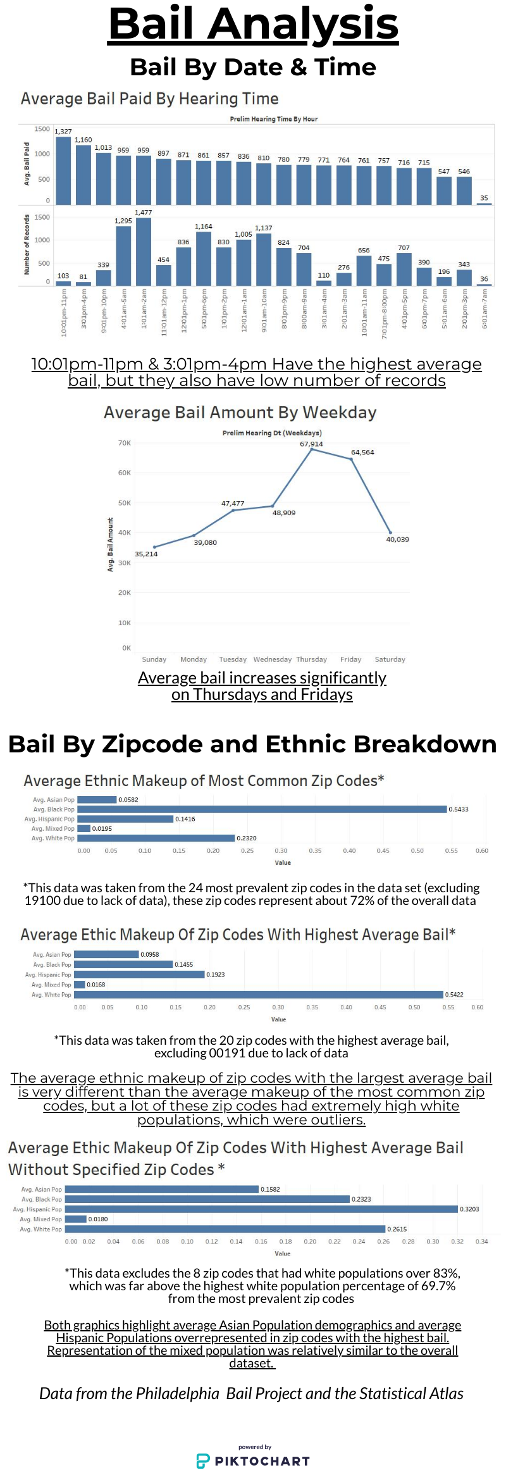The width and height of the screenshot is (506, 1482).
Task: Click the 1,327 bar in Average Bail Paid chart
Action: tap(63, 170)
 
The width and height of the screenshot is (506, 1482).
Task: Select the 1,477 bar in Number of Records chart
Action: tap(144, 251)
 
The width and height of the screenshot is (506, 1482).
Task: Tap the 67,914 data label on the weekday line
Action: tap(311, 444)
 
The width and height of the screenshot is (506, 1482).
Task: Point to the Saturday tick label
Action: tap(390, 659)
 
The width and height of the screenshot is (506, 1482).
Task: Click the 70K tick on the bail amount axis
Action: tap(125, 443)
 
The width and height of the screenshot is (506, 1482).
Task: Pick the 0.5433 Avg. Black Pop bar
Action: tap(262, 809)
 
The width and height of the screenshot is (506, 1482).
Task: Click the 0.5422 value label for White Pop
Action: tap(454, 995)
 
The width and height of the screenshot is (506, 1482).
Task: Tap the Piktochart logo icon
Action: tap(203, 1461)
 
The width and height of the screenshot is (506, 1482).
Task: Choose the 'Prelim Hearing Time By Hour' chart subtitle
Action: tap(273, 119)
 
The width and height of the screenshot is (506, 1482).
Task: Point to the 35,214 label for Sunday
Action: tap(146, 554)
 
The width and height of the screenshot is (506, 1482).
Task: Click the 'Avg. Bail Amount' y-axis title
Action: tap(110, 544)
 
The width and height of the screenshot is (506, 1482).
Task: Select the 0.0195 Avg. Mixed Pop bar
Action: tap(84, 828)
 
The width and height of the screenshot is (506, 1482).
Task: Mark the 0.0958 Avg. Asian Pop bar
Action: tap(106, 954)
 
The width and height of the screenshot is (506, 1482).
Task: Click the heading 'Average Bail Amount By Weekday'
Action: tap(240, 413)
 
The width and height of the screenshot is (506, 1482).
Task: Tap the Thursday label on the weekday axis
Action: tap(311, 659)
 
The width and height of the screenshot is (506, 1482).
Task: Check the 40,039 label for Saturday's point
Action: tap(397, 540)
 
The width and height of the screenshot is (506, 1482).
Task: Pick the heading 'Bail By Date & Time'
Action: tap(253, 67)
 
